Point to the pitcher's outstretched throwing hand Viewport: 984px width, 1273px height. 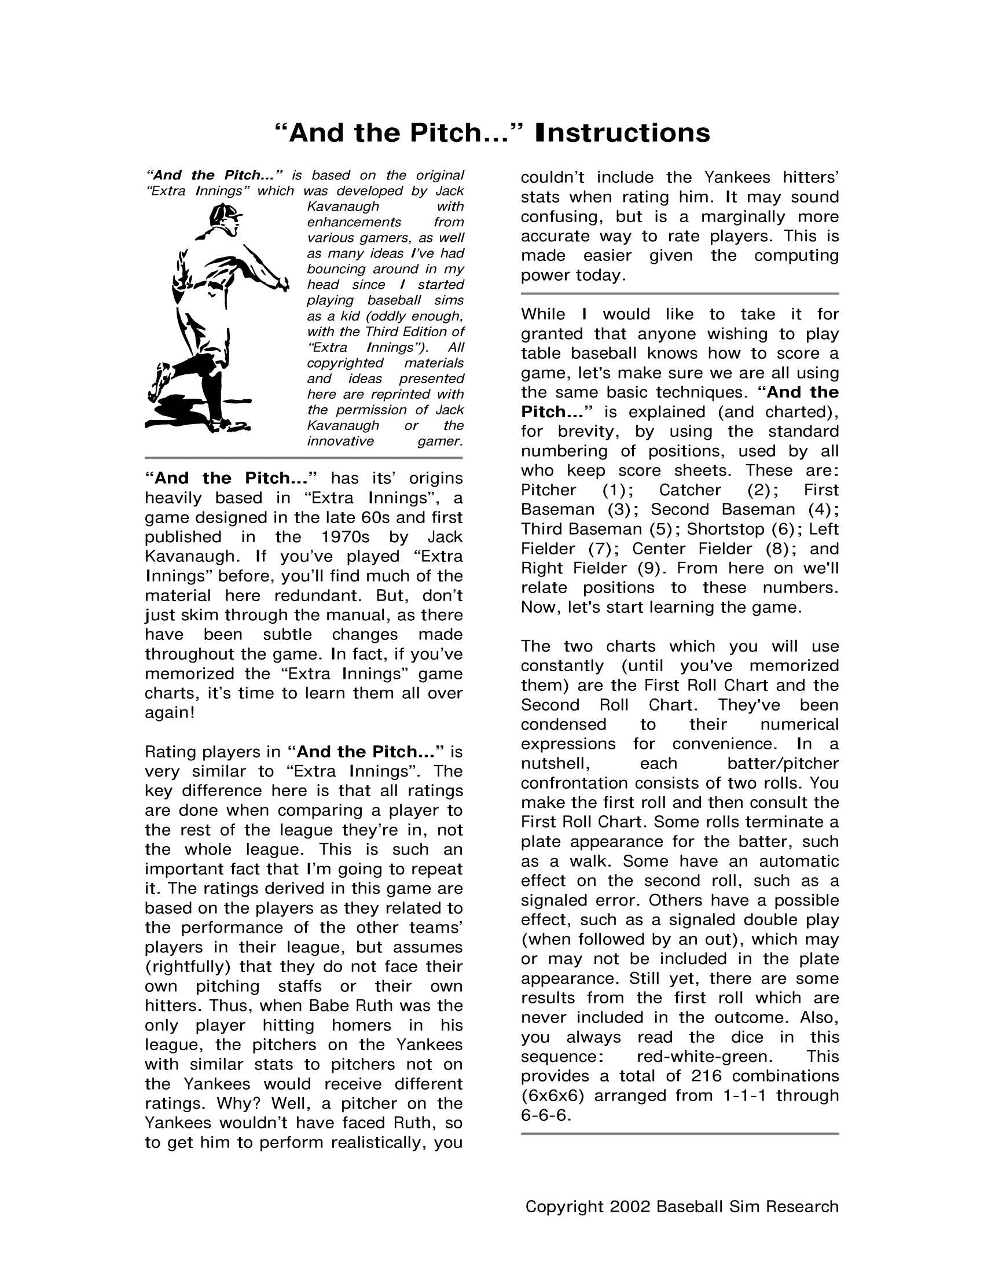pyautogui.click(x=282, y=285)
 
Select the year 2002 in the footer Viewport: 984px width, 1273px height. pyautogui.click(x=630, y=1206)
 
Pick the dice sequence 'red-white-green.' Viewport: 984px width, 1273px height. pyautogui.click(x=705, y=1056)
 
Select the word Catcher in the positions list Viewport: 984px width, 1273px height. pyautogui.click(x=689, y=490)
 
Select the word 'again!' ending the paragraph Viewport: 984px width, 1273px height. pyautogui.click(x=170, y=713)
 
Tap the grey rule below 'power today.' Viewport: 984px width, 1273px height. pyautogui.click(x=680, y=294)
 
